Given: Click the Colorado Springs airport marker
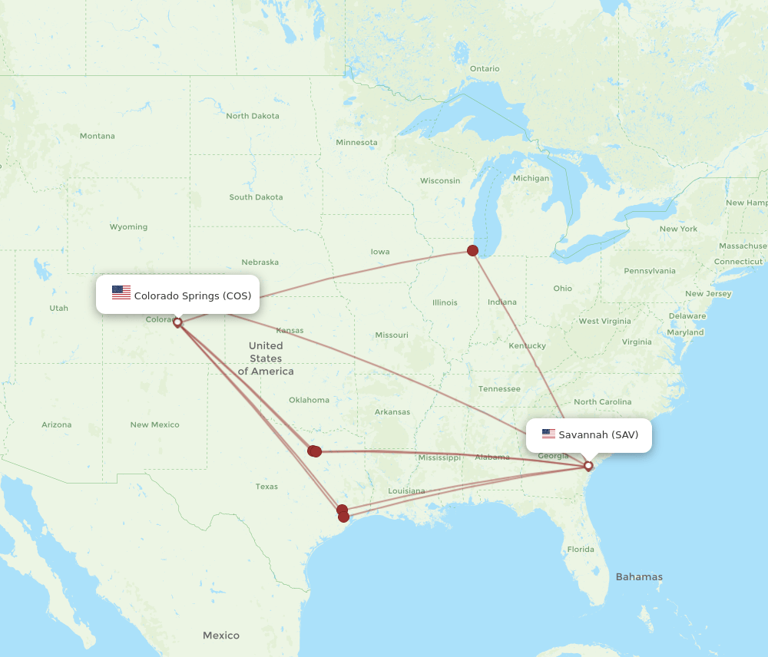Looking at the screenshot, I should click(177, 322).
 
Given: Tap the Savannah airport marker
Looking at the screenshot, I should click(588, 466).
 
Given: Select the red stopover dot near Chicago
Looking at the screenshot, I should click(472, 250).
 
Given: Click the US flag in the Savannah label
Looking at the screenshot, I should click(548, 434).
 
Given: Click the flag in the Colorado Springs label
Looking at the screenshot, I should click(121, 292).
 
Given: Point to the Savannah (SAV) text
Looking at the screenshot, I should click(598, 434).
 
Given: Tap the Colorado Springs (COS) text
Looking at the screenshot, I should click(192, 295).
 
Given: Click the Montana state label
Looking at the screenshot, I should click(97, 136).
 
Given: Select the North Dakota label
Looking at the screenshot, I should click(253, 116).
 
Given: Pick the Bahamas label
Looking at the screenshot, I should click(638, 576).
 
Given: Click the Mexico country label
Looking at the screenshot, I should click(221, 635).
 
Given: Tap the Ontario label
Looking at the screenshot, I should click(485, 68).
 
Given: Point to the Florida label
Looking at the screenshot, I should click(581, 549).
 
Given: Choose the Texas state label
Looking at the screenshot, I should click(266, 487).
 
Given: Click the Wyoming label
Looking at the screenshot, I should click(128, 226).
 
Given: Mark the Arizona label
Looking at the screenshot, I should click(57, 424).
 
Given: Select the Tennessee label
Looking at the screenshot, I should click(499, 388).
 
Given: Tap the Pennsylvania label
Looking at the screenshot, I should click(650, 270).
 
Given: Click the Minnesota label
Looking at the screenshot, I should click(356, 142).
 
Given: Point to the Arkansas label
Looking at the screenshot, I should click(392, 411).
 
